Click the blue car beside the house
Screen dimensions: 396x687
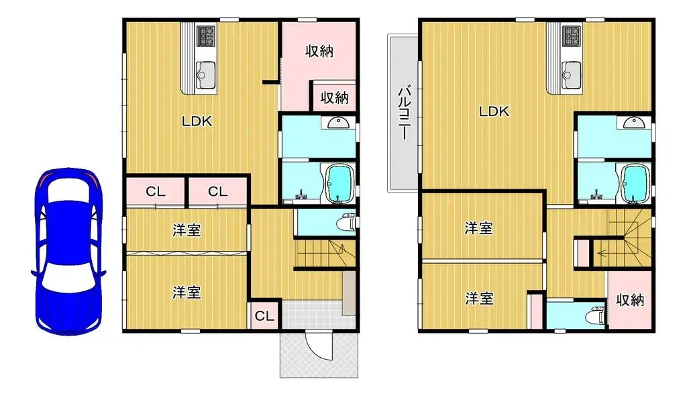(x=68, y=252)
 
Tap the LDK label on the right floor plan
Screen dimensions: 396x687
(x=493, y=112)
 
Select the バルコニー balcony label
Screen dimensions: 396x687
(x=405, y=112)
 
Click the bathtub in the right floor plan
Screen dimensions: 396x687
(x=633, y=183)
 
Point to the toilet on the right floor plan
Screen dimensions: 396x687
(x=593, y=315)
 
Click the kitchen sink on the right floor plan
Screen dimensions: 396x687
(x=572, y=70)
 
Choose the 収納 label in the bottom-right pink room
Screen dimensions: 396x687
(x=630, y=300)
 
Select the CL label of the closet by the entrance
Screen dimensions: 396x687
(x=264, y=316)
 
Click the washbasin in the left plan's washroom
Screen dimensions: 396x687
(x=336, y=122)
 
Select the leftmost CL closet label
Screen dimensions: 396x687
(x=156, y=191)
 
